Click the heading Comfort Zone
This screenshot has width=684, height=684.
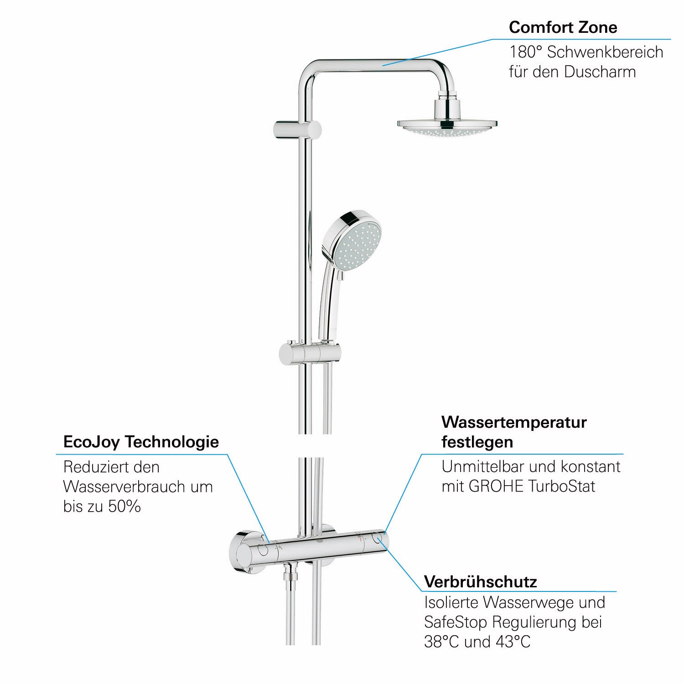coord(563,27)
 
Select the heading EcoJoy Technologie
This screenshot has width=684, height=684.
coord(141,442)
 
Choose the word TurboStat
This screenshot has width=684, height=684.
coord(562,486)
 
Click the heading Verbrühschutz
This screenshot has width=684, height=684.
coord(481,581)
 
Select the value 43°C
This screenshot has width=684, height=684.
coord(513,642)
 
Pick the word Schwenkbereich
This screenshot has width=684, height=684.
coord(605,52)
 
